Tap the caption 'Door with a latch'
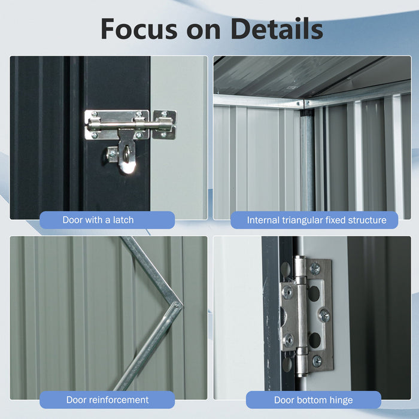point(98,220)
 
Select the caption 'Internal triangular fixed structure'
point(317,220)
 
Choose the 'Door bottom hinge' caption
point(313,399)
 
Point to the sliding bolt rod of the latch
point(128,125)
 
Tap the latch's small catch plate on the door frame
point(164,124)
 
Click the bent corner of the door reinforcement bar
point(176,302)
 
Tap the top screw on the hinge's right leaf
point(315,269)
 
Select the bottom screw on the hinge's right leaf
point(316,360)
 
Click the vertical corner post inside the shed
point(307,162)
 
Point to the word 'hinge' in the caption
point(339,399)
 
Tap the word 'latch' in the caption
point(122,220)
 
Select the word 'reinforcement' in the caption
point(118,399)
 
